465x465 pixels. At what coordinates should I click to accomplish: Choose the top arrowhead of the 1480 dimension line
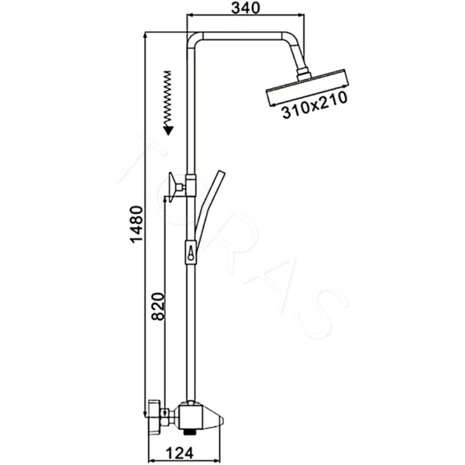(147, 34)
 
